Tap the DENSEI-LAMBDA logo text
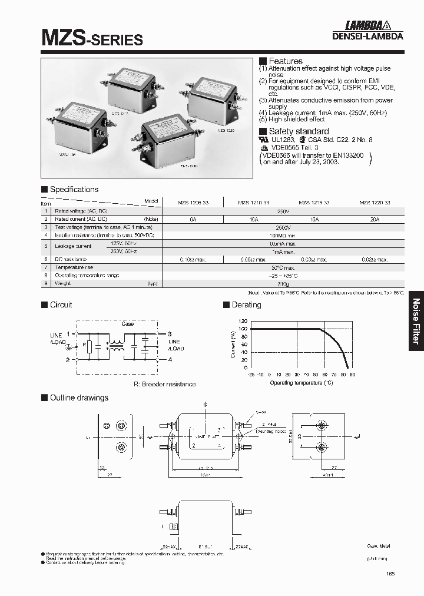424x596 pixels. pos(373,35)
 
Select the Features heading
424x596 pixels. pos(285,61)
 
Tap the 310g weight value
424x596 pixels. pos(283,283)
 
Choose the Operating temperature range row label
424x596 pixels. pos(87,275)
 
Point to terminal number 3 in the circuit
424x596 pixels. pos(170,333)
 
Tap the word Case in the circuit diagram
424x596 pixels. pos(128,324)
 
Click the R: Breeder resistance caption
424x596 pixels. pos(164,384)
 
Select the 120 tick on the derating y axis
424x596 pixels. pos(243,322)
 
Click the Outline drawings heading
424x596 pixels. pos(79,398)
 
